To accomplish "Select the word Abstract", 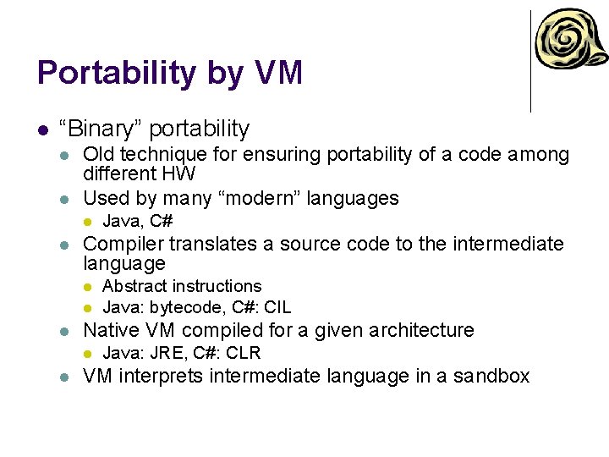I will click(134, 287).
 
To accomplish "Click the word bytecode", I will click(188, 307).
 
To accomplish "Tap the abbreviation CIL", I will click(277, 307).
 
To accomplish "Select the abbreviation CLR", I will click(244, 353).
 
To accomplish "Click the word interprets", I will click(159, 376).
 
